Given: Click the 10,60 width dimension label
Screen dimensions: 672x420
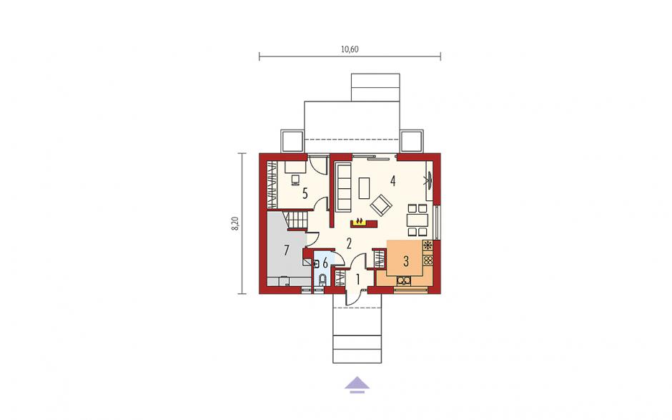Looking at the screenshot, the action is click(x=350, y=49).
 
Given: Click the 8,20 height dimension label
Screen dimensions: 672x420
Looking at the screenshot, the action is click(x=235, y=224).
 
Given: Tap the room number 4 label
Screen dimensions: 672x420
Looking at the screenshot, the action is click(x=392, y=181).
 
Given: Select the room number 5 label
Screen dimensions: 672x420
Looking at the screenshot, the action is click(x=305, y=193).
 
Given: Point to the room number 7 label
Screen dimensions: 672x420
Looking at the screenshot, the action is click(x=286, y=250).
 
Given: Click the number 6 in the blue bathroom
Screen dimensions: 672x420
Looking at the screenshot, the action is click(x=325, y=263).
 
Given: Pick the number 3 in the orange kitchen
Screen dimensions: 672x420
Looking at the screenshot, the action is click(x=406, y=261).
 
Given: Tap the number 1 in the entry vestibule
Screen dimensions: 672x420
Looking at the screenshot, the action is click(x=357, y=280).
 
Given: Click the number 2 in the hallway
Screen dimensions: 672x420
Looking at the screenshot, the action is click(x=349, y=244).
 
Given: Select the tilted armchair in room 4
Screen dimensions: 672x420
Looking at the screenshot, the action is click(x=381, y=205).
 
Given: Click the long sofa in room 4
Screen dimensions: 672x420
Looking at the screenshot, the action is click(x=342, y=186).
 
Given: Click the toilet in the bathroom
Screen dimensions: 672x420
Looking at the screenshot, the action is click(x=322, y=280).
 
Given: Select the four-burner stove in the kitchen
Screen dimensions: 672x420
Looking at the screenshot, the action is click(x=428, y=260).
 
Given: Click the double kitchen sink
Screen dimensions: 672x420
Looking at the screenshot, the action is click(x=404, y=280).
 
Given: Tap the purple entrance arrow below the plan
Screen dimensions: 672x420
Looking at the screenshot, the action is click(x=357, y=385).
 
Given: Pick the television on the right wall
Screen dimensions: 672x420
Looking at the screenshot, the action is click(x=428, y=180).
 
